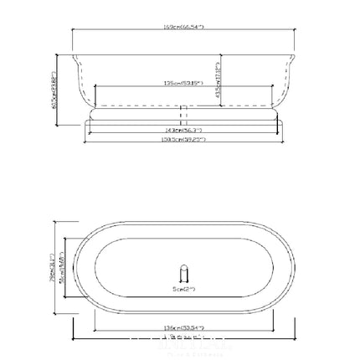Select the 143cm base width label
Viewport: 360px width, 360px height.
pos(183,130)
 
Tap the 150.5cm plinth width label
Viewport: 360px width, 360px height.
pos(183,139)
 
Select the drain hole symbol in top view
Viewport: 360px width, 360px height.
pos(183,275)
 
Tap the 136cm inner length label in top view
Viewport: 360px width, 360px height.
pos(183,329)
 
